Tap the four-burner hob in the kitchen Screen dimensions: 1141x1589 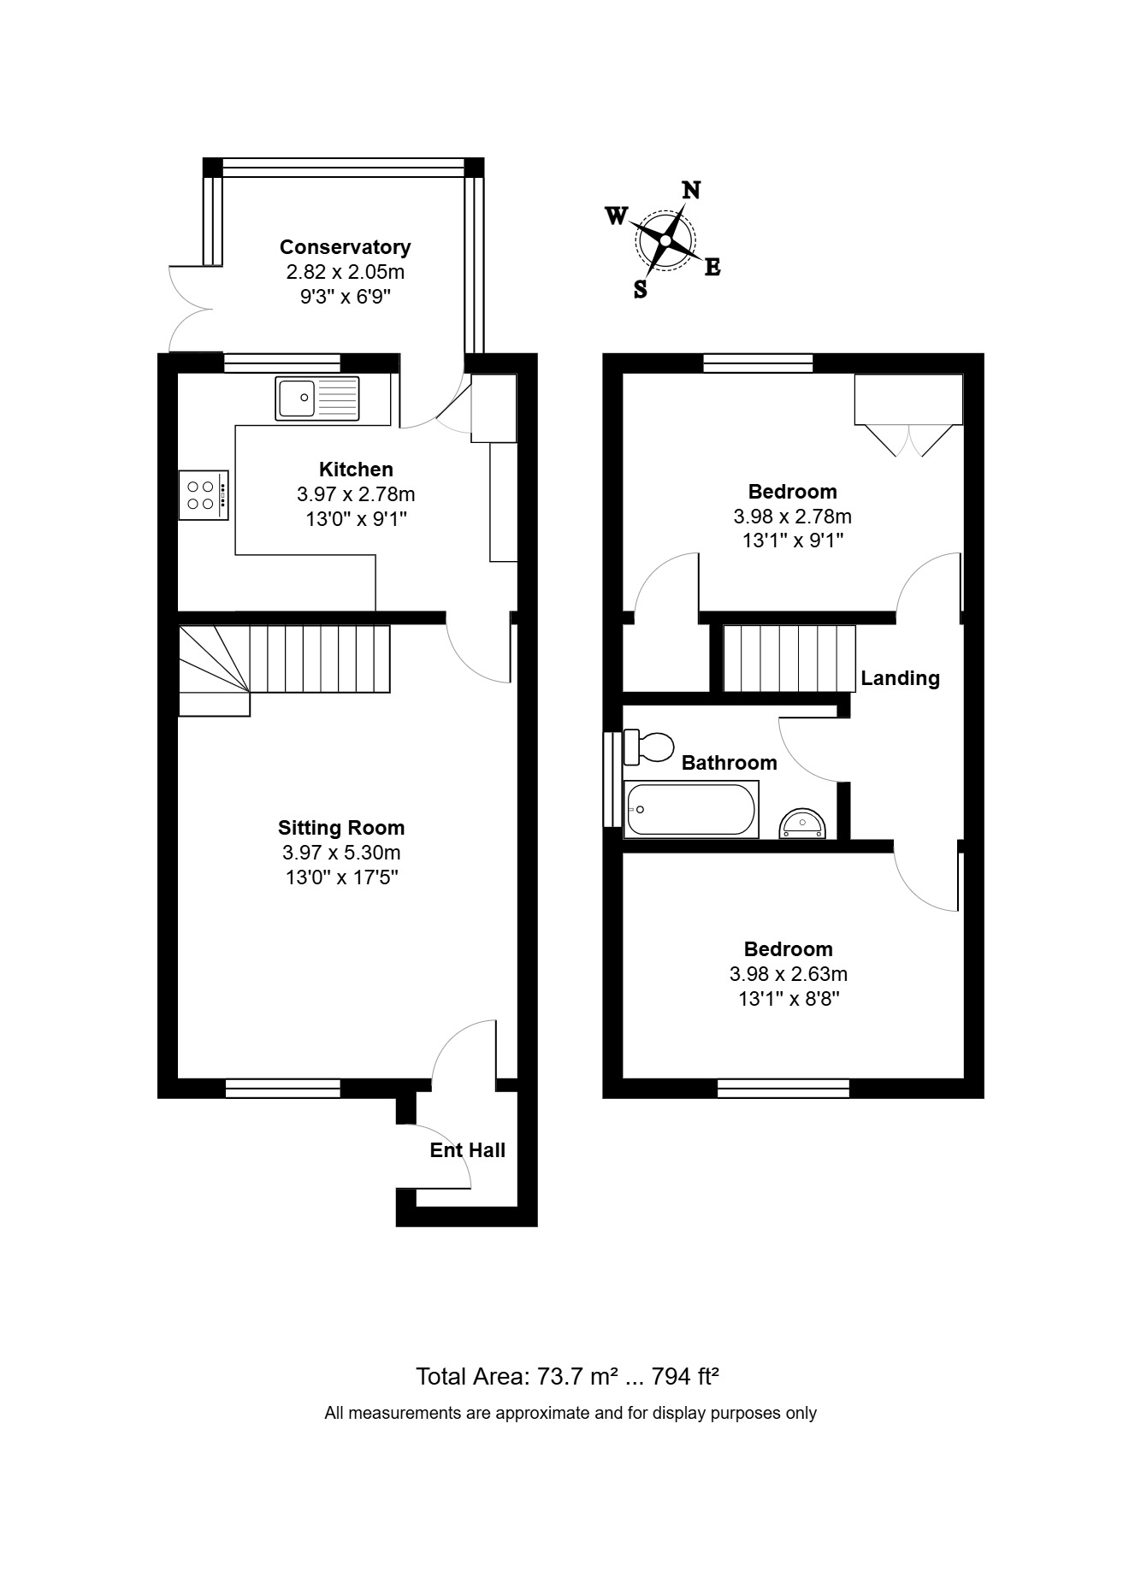[x=204, y=495]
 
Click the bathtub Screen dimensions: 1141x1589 [x=692, y=810]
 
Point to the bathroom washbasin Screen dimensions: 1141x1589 [x=802, y=824]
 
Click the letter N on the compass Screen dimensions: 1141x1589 [x=690, y=190]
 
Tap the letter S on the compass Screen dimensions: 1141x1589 [x=641, y=289]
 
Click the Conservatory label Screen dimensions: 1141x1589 [x=346, y=247]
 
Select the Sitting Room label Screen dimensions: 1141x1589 [x=341, y=828]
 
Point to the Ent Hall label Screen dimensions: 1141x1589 [x=468, y=1150]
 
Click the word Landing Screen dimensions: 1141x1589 [x=900, y=679]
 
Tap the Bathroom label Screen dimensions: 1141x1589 [x=730, y=763]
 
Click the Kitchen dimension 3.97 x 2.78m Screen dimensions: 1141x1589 [x=356, y=494]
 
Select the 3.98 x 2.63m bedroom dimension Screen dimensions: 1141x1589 [x=789, y=974]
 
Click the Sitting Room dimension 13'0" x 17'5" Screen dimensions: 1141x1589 [x=341, y=877]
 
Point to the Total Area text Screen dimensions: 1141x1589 [x=567, y=1376]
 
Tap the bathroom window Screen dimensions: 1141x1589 [x=612, y=778]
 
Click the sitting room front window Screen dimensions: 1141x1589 [x=283, y=1088]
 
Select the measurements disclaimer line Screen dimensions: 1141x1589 [x=570, y=1414]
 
